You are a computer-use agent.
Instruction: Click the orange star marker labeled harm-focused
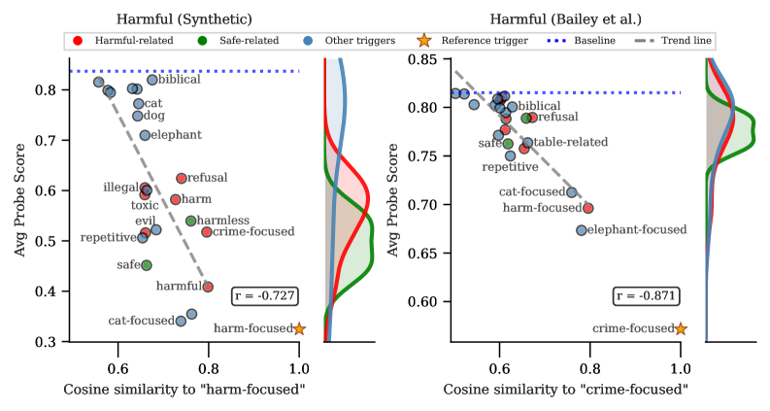(299, 328)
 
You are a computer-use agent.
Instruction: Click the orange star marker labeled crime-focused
(681, 328)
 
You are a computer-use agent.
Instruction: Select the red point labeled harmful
(208, 287)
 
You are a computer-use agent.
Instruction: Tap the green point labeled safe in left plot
(147, 265)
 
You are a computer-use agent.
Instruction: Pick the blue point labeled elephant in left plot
(145, 135)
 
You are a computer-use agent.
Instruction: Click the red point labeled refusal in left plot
(182, 178)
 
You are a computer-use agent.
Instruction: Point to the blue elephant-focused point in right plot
(581, 230)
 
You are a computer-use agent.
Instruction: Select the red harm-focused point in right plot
(588, 208)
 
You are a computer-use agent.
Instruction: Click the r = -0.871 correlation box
(646, 295)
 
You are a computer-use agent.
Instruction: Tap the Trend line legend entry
(681, 41)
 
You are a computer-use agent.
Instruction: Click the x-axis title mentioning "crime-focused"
(566, 390)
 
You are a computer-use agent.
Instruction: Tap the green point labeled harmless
(190, 221)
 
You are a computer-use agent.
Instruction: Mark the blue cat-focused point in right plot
(572, 192)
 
